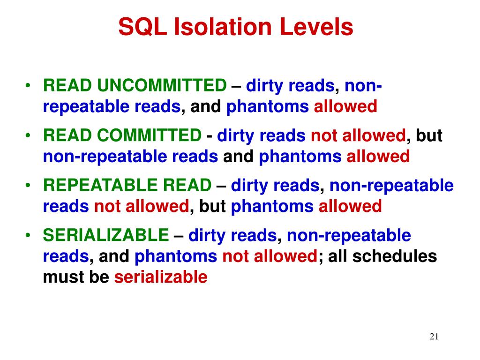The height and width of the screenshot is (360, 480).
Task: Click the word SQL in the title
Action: tap(143, 27)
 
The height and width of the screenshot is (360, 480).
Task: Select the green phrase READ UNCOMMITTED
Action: tap(135, 86)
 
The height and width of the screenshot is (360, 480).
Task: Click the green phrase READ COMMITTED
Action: tap(122, 136)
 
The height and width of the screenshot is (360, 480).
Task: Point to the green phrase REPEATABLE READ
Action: tap(127, 186)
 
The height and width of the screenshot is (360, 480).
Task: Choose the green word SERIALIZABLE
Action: tap(105, 236)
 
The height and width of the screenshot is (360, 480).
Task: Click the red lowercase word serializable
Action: tap(161, 277)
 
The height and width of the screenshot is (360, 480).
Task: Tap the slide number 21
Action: tap(434, 337)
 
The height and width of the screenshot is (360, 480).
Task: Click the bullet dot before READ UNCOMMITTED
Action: tap(29, 86)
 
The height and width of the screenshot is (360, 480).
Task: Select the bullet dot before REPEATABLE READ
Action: tap(29, 187)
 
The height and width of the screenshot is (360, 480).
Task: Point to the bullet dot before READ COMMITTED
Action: tap(29, 136)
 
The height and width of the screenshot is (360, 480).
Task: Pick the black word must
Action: tap(60, 277)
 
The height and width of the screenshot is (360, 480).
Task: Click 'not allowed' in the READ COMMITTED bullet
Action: tap(358, 136)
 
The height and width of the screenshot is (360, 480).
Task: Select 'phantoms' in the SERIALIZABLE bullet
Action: tap(176, 256)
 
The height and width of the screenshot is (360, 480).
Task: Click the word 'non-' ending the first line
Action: tap(363, 86)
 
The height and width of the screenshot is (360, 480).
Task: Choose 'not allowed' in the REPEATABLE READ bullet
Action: tap(142, 206)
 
